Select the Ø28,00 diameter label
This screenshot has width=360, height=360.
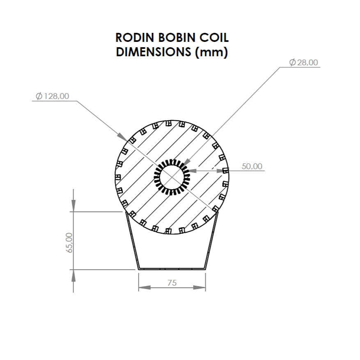[304, 62]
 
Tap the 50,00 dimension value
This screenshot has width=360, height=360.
[252, 166]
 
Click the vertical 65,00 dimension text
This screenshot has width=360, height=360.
[69, 242]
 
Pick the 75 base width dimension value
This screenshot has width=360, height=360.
[172, 282]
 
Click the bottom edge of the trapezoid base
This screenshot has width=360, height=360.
[172, 269]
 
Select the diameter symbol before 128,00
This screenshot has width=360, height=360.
[39, 96]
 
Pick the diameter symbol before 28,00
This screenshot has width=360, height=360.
[292, 62]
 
